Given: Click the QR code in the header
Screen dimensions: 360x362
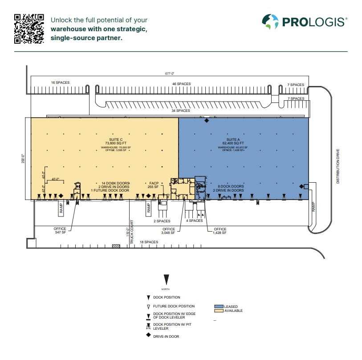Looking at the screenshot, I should (x=29, y=29).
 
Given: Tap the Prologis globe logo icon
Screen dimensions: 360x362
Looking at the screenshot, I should (x=270, y=21).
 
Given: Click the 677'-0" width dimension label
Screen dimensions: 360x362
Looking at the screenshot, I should (x=170, y=74).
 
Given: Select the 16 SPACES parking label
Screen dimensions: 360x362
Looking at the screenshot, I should (x=60, y=83).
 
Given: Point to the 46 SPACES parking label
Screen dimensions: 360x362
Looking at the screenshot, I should (x=181, y=84).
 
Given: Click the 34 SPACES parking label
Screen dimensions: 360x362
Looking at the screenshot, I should (x=180, y=110).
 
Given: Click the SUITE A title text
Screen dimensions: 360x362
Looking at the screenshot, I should (x=233, y=139).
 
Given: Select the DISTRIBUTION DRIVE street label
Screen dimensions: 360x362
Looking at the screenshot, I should (x=338, y=166).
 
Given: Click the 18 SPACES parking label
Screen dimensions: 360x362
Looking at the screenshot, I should (x=149, y=242).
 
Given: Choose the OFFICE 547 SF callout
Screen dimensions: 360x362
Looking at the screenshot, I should (x=60, y=231).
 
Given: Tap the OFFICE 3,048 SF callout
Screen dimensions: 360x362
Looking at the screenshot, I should (x=169, y=231).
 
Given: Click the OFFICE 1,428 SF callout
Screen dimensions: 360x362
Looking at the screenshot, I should (x=220, y=231).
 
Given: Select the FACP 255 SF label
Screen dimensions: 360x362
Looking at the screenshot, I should (x=154, y=185).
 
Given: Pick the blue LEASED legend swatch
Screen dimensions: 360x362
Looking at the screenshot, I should (x=219, y=307).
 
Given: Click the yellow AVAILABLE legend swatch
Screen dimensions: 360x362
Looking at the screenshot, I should (x=219, y=311).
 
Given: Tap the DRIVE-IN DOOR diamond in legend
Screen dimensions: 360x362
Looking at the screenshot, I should (x=148, y=335).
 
